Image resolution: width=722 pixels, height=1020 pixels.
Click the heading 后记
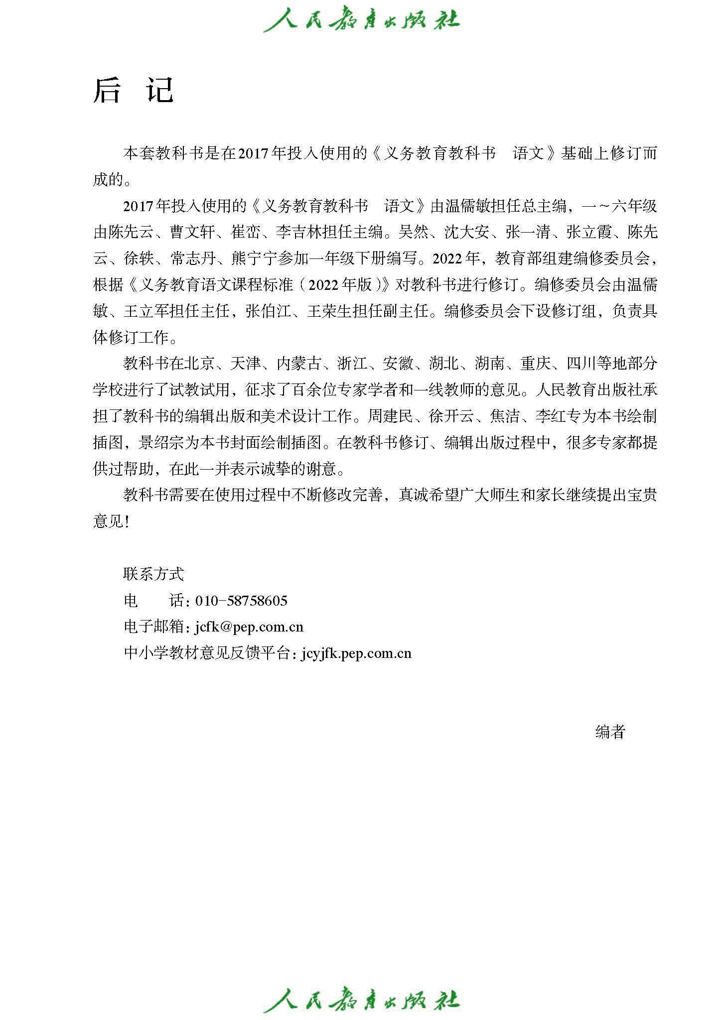pos(133,91)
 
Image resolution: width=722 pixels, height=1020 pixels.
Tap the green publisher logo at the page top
pos(361,20)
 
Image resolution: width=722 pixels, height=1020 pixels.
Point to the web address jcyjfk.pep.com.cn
pos(356,653)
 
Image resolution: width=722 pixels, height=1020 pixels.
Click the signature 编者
pos(610,732)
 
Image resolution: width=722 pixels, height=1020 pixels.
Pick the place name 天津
pos(246,364)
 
